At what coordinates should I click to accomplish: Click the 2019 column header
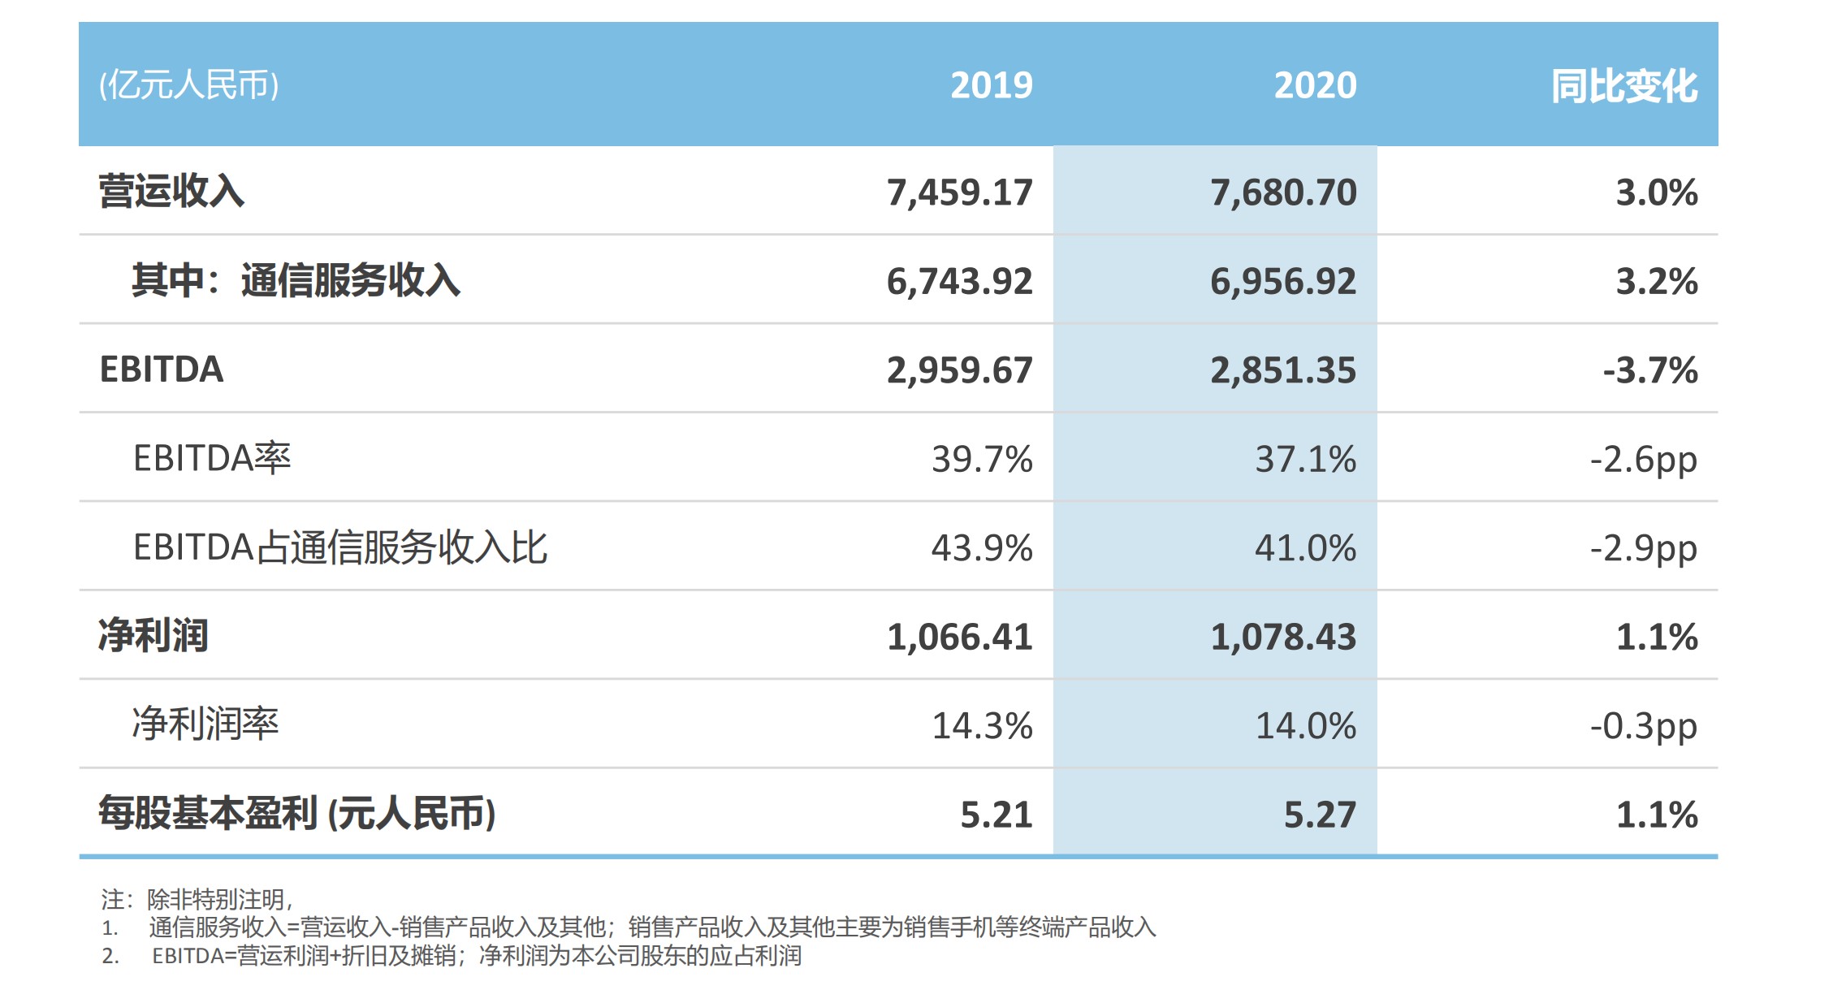[x=991, y=85]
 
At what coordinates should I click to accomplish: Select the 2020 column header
[x=1315, y=85]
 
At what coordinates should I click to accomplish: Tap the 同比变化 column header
[x=1623, y=86]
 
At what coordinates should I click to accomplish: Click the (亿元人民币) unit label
[x=189, y=84]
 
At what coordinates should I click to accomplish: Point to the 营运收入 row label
[x=171, y=192]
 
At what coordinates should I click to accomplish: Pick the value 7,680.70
[x=1283, y=192]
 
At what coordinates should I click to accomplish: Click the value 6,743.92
[x=959, y=281]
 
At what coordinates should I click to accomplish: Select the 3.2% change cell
[x=1656, y=281]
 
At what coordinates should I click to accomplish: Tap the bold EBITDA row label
[x=161, y=370]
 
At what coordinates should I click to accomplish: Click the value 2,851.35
[x=1283, y=370]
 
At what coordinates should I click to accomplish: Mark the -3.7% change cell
[x=1649, y=370]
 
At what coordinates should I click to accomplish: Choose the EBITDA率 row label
[x=212, y=459]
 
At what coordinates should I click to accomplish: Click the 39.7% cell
[x=982, y=460]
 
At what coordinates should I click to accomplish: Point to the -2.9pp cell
[x=1643, y=548]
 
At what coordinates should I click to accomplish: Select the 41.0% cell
[x=1305, y=548]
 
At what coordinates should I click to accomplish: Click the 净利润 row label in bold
[x=153, y=636]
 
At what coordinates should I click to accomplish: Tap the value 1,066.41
[x=959, y=637]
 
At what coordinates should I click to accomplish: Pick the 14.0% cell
[x=1305, y=726]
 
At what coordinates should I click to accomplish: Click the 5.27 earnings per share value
[x=1320, y=815]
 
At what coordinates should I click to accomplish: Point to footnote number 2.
[x=110, y=956]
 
